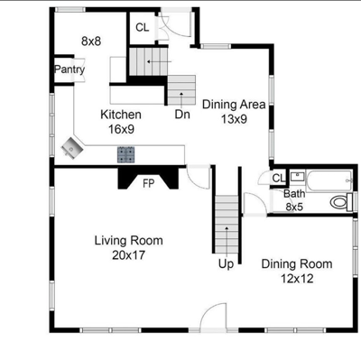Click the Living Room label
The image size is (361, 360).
click(x=129, y=241)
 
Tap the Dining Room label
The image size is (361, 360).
click(x=297, y=264)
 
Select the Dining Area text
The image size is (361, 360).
click(x=234, y=105)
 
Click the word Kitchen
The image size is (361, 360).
click(x=121, y=115)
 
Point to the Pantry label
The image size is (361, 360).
click(x=69, y=69)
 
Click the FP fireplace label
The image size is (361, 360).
click(x=148, y=183)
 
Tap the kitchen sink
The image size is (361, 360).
click(x=71, y=147)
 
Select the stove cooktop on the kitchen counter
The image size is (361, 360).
click(x=125, y=154)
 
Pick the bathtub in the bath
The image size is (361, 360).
click(x=329, y=180)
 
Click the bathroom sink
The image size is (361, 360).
click(x=297, y=176)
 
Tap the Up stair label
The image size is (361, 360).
click(x=226, y=264)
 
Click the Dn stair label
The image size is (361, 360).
click(x=182, y=115)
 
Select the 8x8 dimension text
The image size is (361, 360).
click(x=91, y=42)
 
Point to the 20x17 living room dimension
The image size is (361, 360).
click(x=129, y=255)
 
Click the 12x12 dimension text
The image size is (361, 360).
click(x=297, y=279)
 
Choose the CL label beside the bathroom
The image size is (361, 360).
click(x=279, y=179)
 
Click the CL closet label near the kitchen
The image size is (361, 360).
click(x=143, y=28)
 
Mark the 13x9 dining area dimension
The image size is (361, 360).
click(x=234, y=119)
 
